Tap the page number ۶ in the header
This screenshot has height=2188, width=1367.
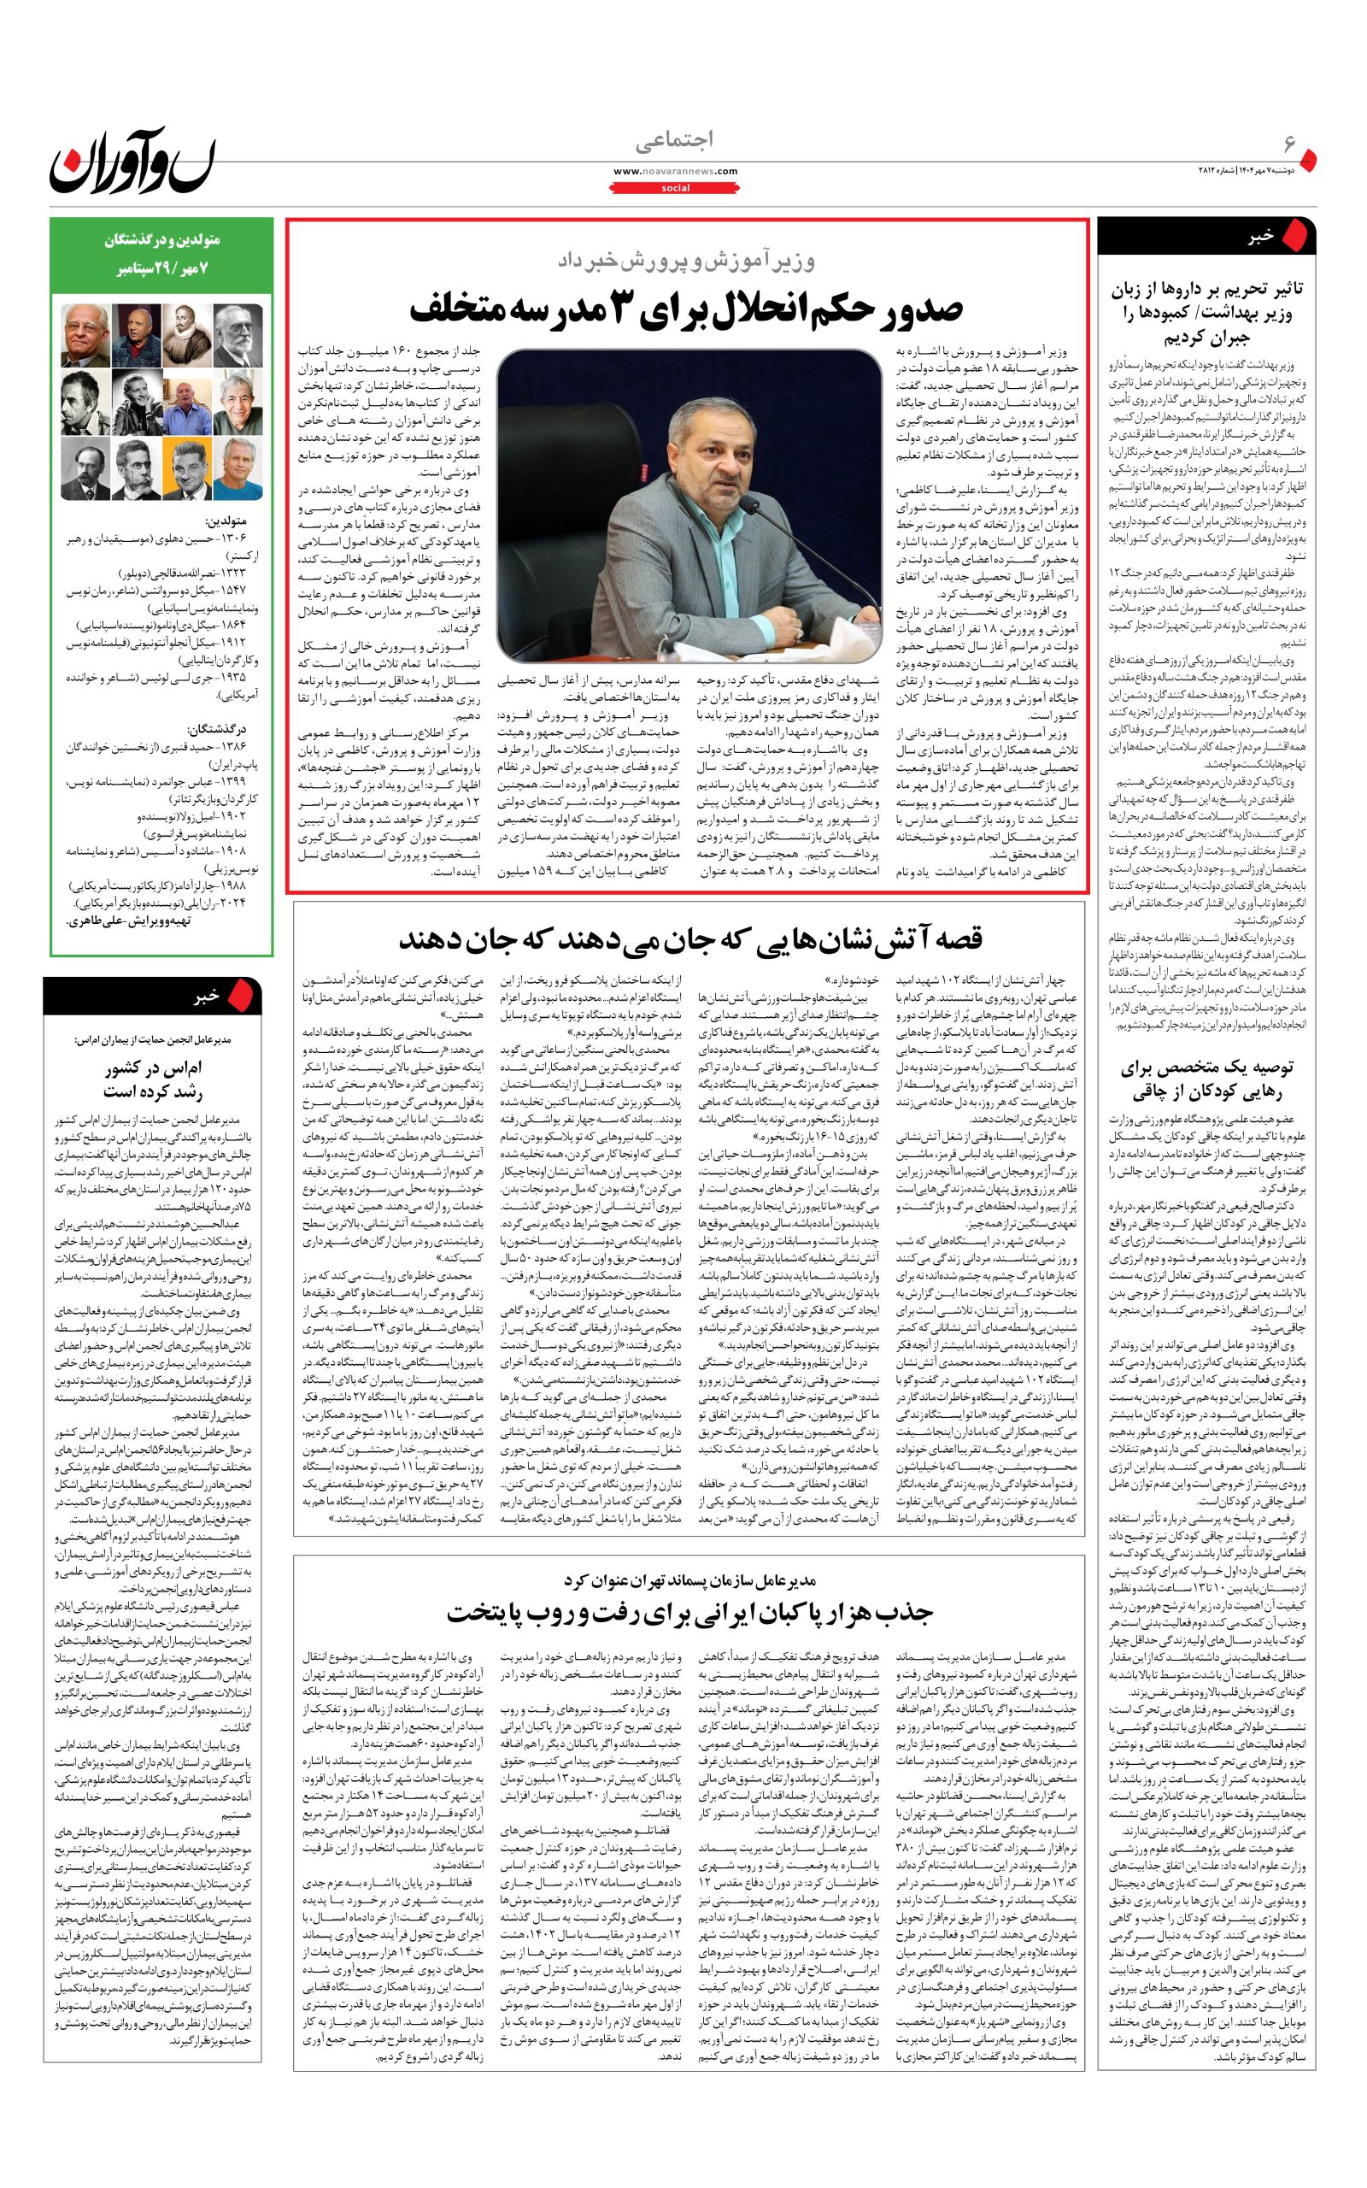tap(1289, 144)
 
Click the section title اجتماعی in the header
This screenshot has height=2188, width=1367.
tap(674, 140)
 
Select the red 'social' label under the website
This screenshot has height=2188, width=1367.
tap(675, 188)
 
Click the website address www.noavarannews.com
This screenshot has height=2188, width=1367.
tap(675, 171)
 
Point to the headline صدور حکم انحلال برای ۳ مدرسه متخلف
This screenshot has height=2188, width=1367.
tap(686, 309)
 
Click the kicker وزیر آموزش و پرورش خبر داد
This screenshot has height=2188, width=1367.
tap(686, 262)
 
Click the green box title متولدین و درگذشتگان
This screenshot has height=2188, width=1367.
tap(161, 241)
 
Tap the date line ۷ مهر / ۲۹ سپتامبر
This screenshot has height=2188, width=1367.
tap(161, 268)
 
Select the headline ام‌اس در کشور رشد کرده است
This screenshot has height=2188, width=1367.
tap(153, 1079)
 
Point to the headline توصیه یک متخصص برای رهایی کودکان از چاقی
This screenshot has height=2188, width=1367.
tap(1206, 1079)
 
